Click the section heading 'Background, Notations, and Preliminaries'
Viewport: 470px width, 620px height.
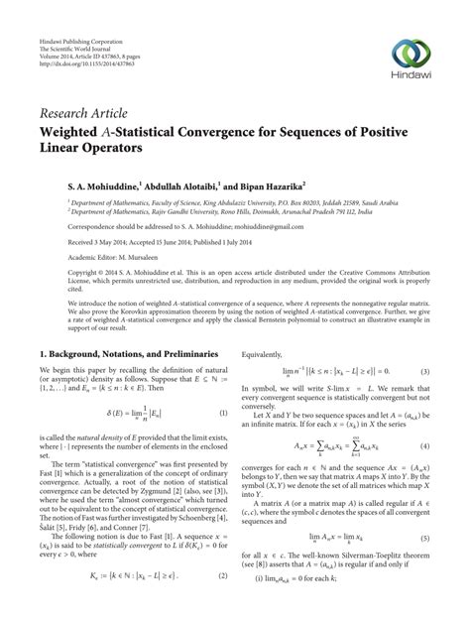pos(138,353)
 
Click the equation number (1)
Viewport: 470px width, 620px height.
pos(223,413)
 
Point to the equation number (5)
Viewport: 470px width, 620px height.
pos(423,565)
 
